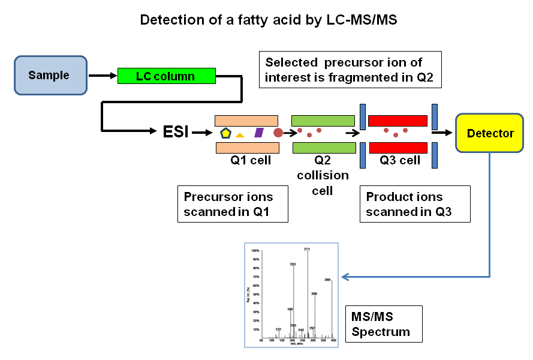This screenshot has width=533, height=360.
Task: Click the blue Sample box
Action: (50, 76)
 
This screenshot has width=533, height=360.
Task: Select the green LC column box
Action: (166, 76)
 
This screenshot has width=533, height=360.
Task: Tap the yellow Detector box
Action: (490, 133)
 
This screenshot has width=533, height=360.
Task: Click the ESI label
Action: (176, 131)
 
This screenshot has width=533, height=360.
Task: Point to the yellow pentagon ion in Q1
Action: (225, 133)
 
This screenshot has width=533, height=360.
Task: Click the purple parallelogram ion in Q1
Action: (259, 132)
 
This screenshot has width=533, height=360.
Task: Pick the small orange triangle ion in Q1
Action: (240, 135)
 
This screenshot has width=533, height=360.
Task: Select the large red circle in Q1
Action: (278, 132)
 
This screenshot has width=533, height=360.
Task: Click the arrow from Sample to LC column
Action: (103, 76)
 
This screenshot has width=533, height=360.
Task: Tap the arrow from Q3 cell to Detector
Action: (442, 133)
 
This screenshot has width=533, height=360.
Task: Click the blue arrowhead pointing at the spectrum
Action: (345, 277)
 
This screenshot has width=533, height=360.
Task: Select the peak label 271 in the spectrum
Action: (308, 248)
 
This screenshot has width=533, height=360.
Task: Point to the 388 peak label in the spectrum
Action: (328, 279)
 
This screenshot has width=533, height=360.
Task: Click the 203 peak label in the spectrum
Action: (293, 264)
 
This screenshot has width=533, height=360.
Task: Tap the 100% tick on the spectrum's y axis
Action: (255, 250)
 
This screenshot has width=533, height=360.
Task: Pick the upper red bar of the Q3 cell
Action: (398, 121)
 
